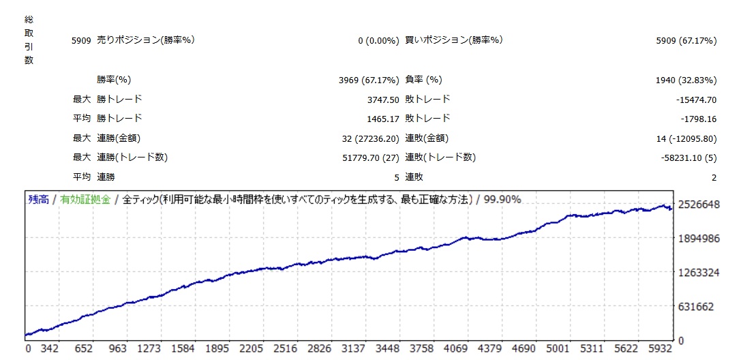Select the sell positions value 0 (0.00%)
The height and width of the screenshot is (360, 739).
pyautogui.click(x=378, y=41)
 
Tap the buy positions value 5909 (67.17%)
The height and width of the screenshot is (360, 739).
pyautogui.click(x=686, y=41)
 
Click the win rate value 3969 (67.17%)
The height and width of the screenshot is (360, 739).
pyautogui.click(x=369, y=80)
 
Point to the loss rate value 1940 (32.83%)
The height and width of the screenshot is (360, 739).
pyautogui.click(x=686, y=80)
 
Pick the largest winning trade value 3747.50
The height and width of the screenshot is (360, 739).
pyautogui.click(x=382, y=100)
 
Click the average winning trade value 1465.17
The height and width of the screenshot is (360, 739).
pyautogui.click(x=382, y=119)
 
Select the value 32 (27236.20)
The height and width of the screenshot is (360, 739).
pyautogui.click(x=369, y=138)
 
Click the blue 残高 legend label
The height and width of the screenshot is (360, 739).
pyautogui.click(x=38, y=200)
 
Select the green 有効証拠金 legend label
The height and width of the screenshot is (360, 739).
pyautogui.click(x=85, y=200)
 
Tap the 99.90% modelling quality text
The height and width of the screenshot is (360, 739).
pyautogui.click(x=502, y=200)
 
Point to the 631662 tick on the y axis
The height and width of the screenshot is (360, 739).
pyautogui.click(x=699, y=307)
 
